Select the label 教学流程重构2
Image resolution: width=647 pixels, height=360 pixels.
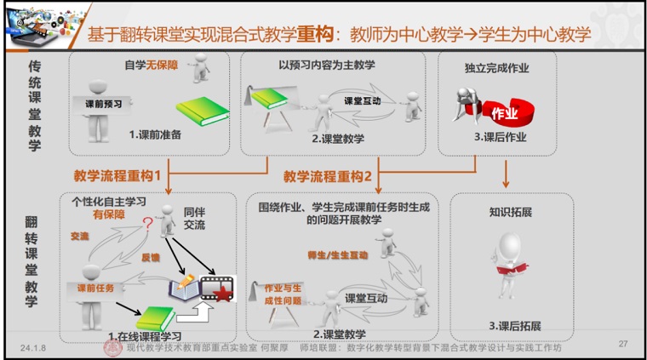328,177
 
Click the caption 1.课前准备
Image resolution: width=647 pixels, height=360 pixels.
155,134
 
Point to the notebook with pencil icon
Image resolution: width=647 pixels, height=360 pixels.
180,289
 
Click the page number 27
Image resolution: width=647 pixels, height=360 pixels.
622,344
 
